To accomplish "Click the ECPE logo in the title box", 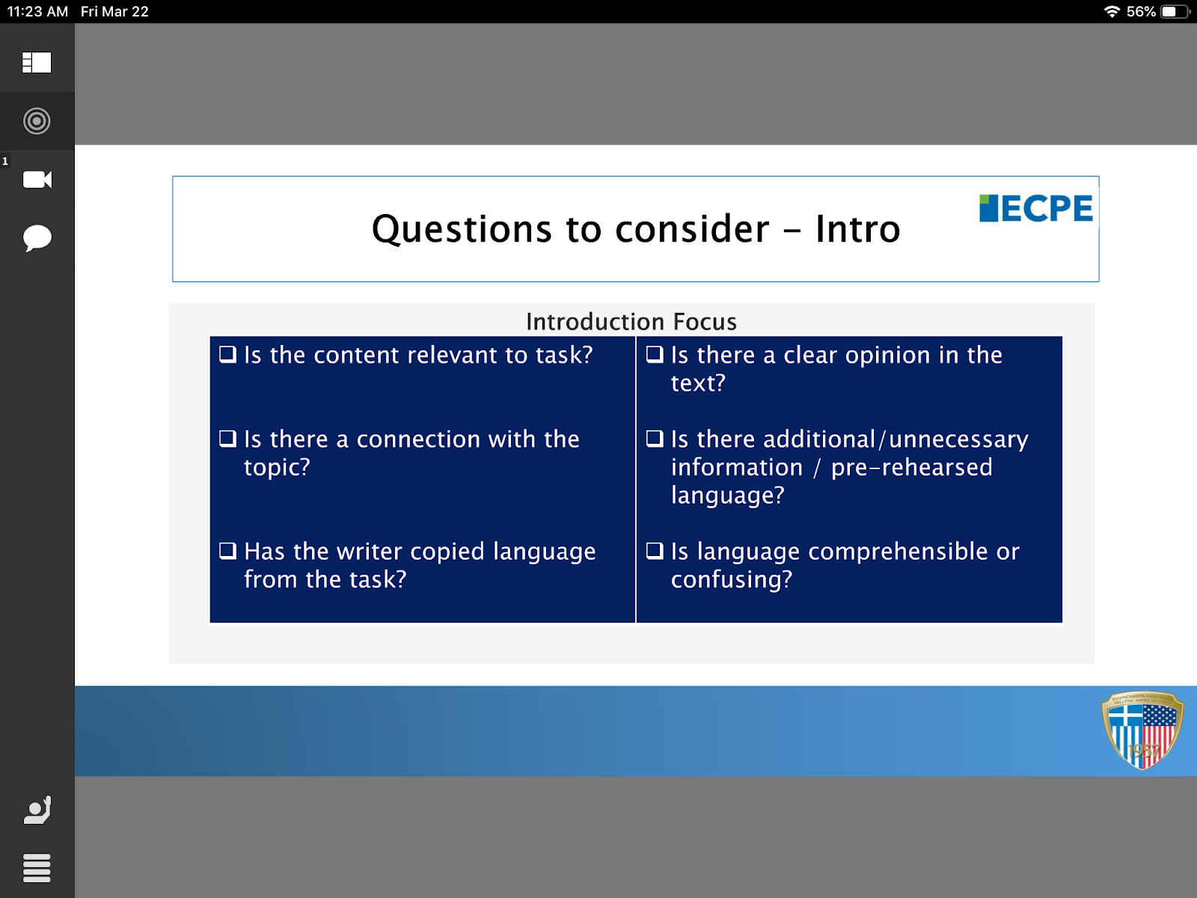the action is tap(1035, 208).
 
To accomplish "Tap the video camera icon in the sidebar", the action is tap(37, 180).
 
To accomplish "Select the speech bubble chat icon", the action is tap(37, 238).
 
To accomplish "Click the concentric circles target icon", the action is tap(37, 121).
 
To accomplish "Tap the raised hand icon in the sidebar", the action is tap(37, 810).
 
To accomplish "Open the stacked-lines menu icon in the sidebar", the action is tap(37, 867).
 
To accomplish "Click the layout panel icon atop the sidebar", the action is tap(37, 62).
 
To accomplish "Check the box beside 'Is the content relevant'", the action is tap(227, 355).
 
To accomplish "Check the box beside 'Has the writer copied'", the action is tap(227, 551).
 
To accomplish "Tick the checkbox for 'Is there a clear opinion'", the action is tap(655, 355).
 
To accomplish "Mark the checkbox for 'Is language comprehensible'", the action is tap(655, 551).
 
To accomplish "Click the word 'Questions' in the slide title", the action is tap(462, 229).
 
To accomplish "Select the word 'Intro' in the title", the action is tap(858, 228).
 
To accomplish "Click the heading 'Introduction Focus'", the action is tap(631, 322).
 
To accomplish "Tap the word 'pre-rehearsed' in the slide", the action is tap(912, 467).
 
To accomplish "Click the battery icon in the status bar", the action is tap(1175, 11).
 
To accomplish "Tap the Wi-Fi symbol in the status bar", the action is tap(1112, 11).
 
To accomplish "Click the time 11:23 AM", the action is tap(37, 11).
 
